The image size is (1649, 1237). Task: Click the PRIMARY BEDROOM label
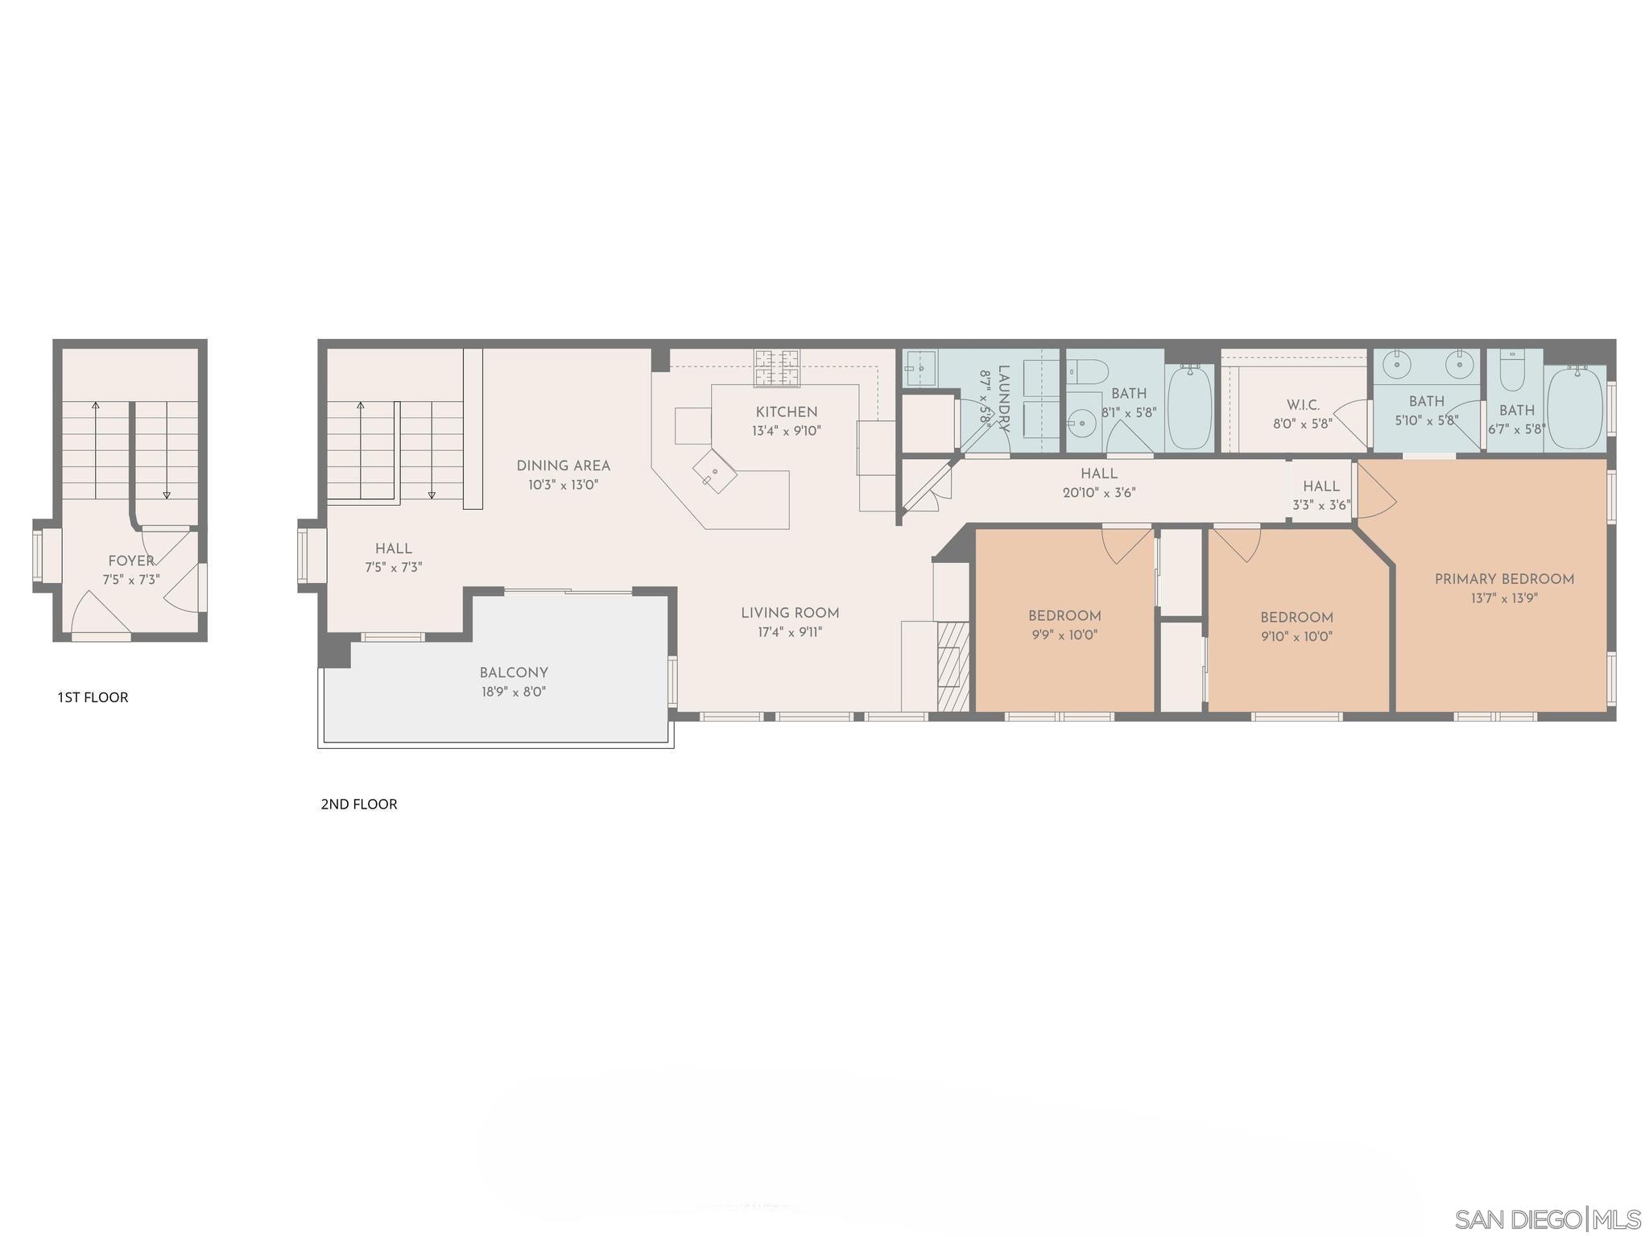(1504, 579)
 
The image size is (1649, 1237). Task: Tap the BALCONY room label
(514, 672)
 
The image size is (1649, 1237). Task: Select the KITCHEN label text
(786, 412)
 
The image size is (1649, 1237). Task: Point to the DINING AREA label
(563, 465)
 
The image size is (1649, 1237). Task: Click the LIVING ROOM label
(790, 614)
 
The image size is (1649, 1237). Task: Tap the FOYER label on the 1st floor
(131, 561)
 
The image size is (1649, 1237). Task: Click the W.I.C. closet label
(1302, 405)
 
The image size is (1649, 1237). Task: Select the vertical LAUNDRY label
(1003, 399)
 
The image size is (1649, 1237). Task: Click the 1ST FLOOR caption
(93, 697)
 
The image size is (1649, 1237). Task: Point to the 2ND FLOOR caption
(359, 805)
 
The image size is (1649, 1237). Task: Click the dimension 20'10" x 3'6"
(1098, 493)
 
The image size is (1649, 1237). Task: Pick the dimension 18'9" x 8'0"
(514, 692)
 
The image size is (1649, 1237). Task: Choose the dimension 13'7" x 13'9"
(1503, 598)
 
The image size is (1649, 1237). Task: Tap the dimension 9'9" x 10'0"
(1064, 635)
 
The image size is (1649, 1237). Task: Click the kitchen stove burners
(777, 367)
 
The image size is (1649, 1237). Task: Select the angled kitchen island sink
(714, 471)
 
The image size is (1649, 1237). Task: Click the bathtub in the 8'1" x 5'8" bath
(1189, 407)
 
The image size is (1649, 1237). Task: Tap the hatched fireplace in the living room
(953, 666)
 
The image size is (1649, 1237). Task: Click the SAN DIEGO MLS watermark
(1547, 1218)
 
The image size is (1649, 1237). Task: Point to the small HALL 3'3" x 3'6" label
(1320, 486)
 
